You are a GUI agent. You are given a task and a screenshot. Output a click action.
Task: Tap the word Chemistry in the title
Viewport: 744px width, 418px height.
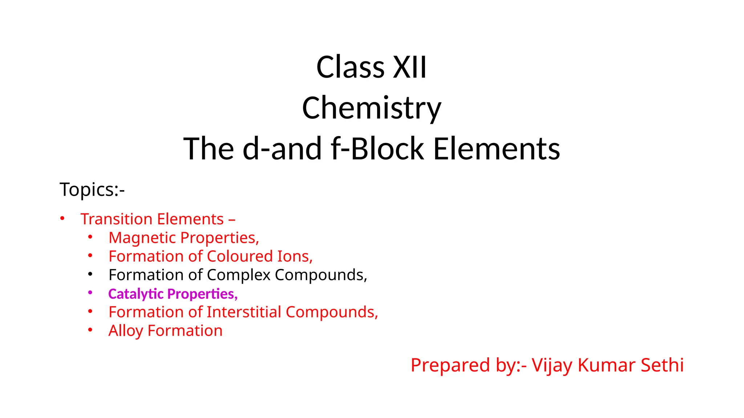(372, 108)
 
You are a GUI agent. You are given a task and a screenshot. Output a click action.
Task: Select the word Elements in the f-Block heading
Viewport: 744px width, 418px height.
(497, 149)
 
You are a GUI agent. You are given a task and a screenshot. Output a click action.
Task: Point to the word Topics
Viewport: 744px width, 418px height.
(87, 189)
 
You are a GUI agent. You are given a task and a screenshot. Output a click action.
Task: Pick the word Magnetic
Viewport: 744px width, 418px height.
(142, 238)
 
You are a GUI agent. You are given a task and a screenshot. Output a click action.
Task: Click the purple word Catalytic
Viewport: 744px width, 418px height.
(136, 294)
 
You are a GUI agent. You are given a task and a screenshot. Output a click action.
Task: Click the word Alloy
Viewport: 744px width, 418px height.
(126, 331)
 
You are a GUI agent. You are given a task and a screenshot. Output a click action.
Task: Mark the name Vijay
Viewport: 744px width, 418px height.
(552, 365)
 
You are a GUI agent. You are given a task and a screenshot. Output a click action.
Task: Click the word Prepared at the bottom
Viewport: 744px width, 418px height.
(450, 365)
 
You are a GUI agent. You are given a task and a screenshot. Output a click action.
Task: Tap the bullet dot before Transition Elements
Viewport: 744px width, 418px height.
(62, 218)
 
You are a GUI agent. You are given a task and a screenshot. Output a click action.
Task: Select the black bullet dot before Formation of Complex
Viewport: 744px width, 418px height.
(90, 274)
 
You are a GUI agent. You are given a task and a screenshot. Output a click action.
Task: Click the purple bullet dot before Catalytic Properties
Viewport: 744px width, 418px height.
(90, 293)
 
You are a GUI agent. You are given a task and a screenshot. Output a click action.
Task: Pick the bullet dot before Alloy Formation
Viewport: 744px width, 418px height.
(90, 330)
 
